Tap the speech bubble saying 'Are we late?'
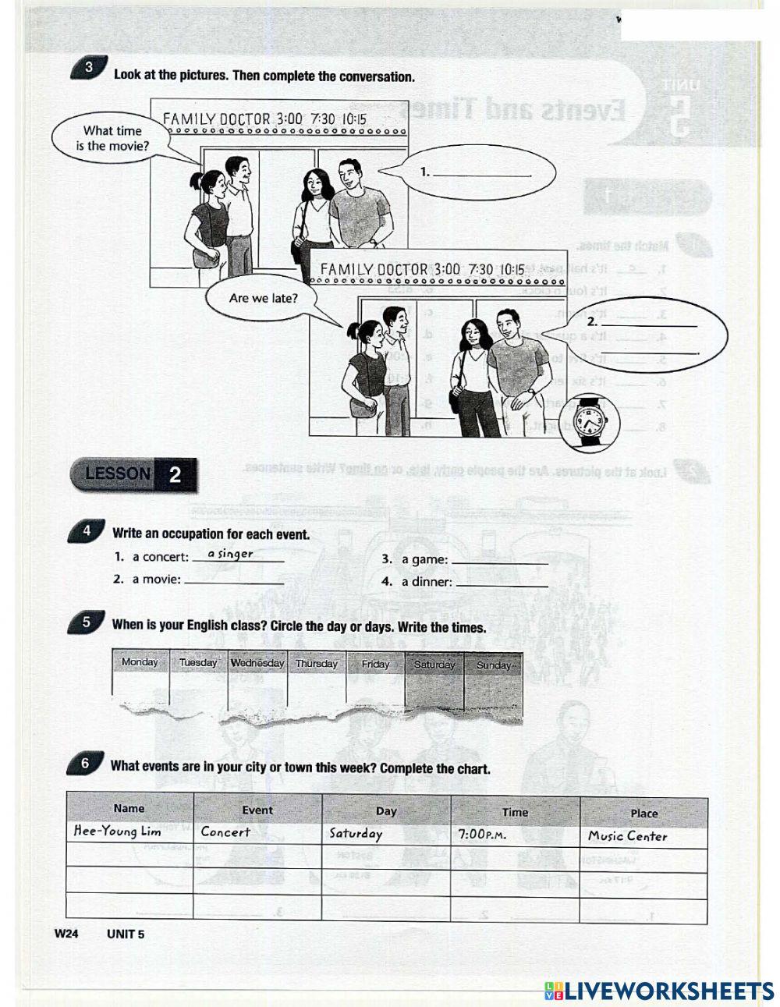[263, 298]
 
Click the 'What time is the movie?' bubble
[112, 138]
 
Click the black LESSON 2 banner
[133, 474]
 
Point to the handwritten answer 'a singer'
[225, 554]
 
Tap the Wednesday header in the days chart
[257, 663]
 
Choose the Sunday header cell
[493, 665]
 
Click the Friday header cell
[375, 664]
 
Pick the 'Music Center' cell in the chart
[628, 836]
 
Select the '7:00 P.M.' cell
[482, 834]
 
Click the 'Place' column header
[643, 813]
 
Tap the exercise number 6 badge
[85, 764]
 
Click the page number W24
[66, 934]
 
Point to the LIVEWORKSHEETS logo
[659, 991]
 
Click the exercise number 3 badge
[89, 68]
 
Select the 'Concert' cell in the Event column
[226, 831]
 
